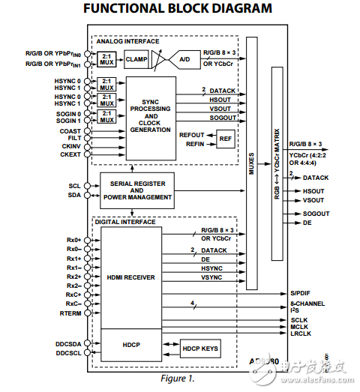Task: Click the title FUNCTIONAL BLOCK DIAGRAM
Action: pos(178,10)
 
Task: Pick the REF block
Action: pos(226,138)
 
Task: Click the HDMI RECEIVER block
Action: pos(130,277)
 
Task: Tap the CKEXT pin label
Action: pos(70,154)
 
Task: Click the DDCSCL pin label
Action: pos(69,352)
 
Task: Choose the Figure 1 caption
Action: pos(178,378)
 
